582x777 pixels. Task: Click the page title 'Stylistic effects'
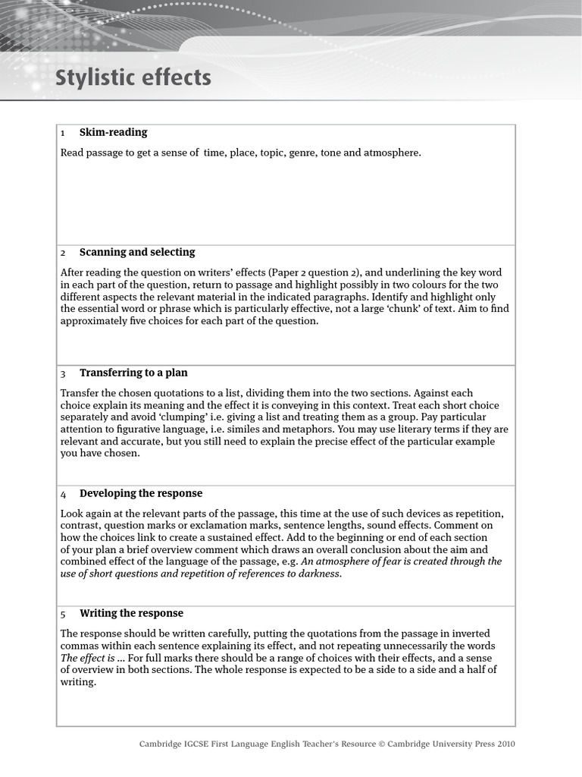point(133,79)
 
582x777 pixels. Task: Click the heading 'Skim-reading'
point(113,133)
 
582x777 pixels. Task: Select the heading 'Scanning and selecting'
point(137,253)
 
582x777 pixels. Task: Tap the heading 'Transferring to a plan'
point(133,373)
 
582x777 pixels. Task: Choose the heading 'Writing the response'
point(131,614)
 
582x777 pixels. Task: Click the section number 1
point(63,134)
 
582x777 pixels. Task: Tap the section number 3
point(64,374)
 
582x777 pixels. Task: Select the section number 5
point(64,615)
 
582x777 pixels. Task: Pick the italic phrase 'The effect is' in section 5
point(87,658)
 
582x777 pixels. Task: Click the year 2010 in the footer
point(506,744)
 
